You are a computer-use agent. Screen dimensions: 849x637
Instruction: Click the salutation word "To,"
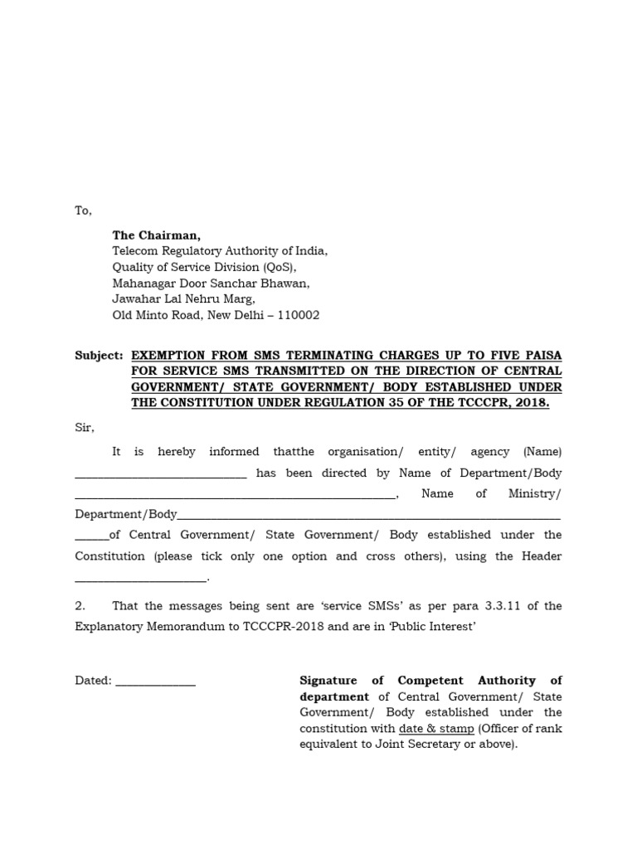pos(83,211)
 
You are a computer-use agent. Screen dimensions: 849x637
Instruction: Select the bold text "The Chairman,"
pos(157,235)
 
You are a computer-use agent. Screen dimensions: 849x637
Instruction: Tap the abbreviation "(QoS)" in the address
pos(278,267)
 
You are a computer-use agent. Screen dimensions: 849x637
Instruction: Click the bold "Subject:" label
pos(99,355)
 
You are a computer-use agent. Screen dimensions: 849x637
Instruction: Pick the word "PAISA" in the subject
pos(542,355)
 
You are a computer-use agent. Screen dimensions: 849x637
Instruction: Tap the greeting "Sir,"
pos(85,427)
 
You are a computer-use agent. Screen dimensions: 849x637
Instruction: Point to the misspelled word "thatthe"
pos(294,452)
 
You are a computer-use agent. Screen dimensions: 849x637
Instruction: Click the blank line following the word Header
pos(141,579)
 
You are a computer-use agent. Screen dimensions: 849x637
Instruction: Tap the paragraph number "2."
pos(80,606)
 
